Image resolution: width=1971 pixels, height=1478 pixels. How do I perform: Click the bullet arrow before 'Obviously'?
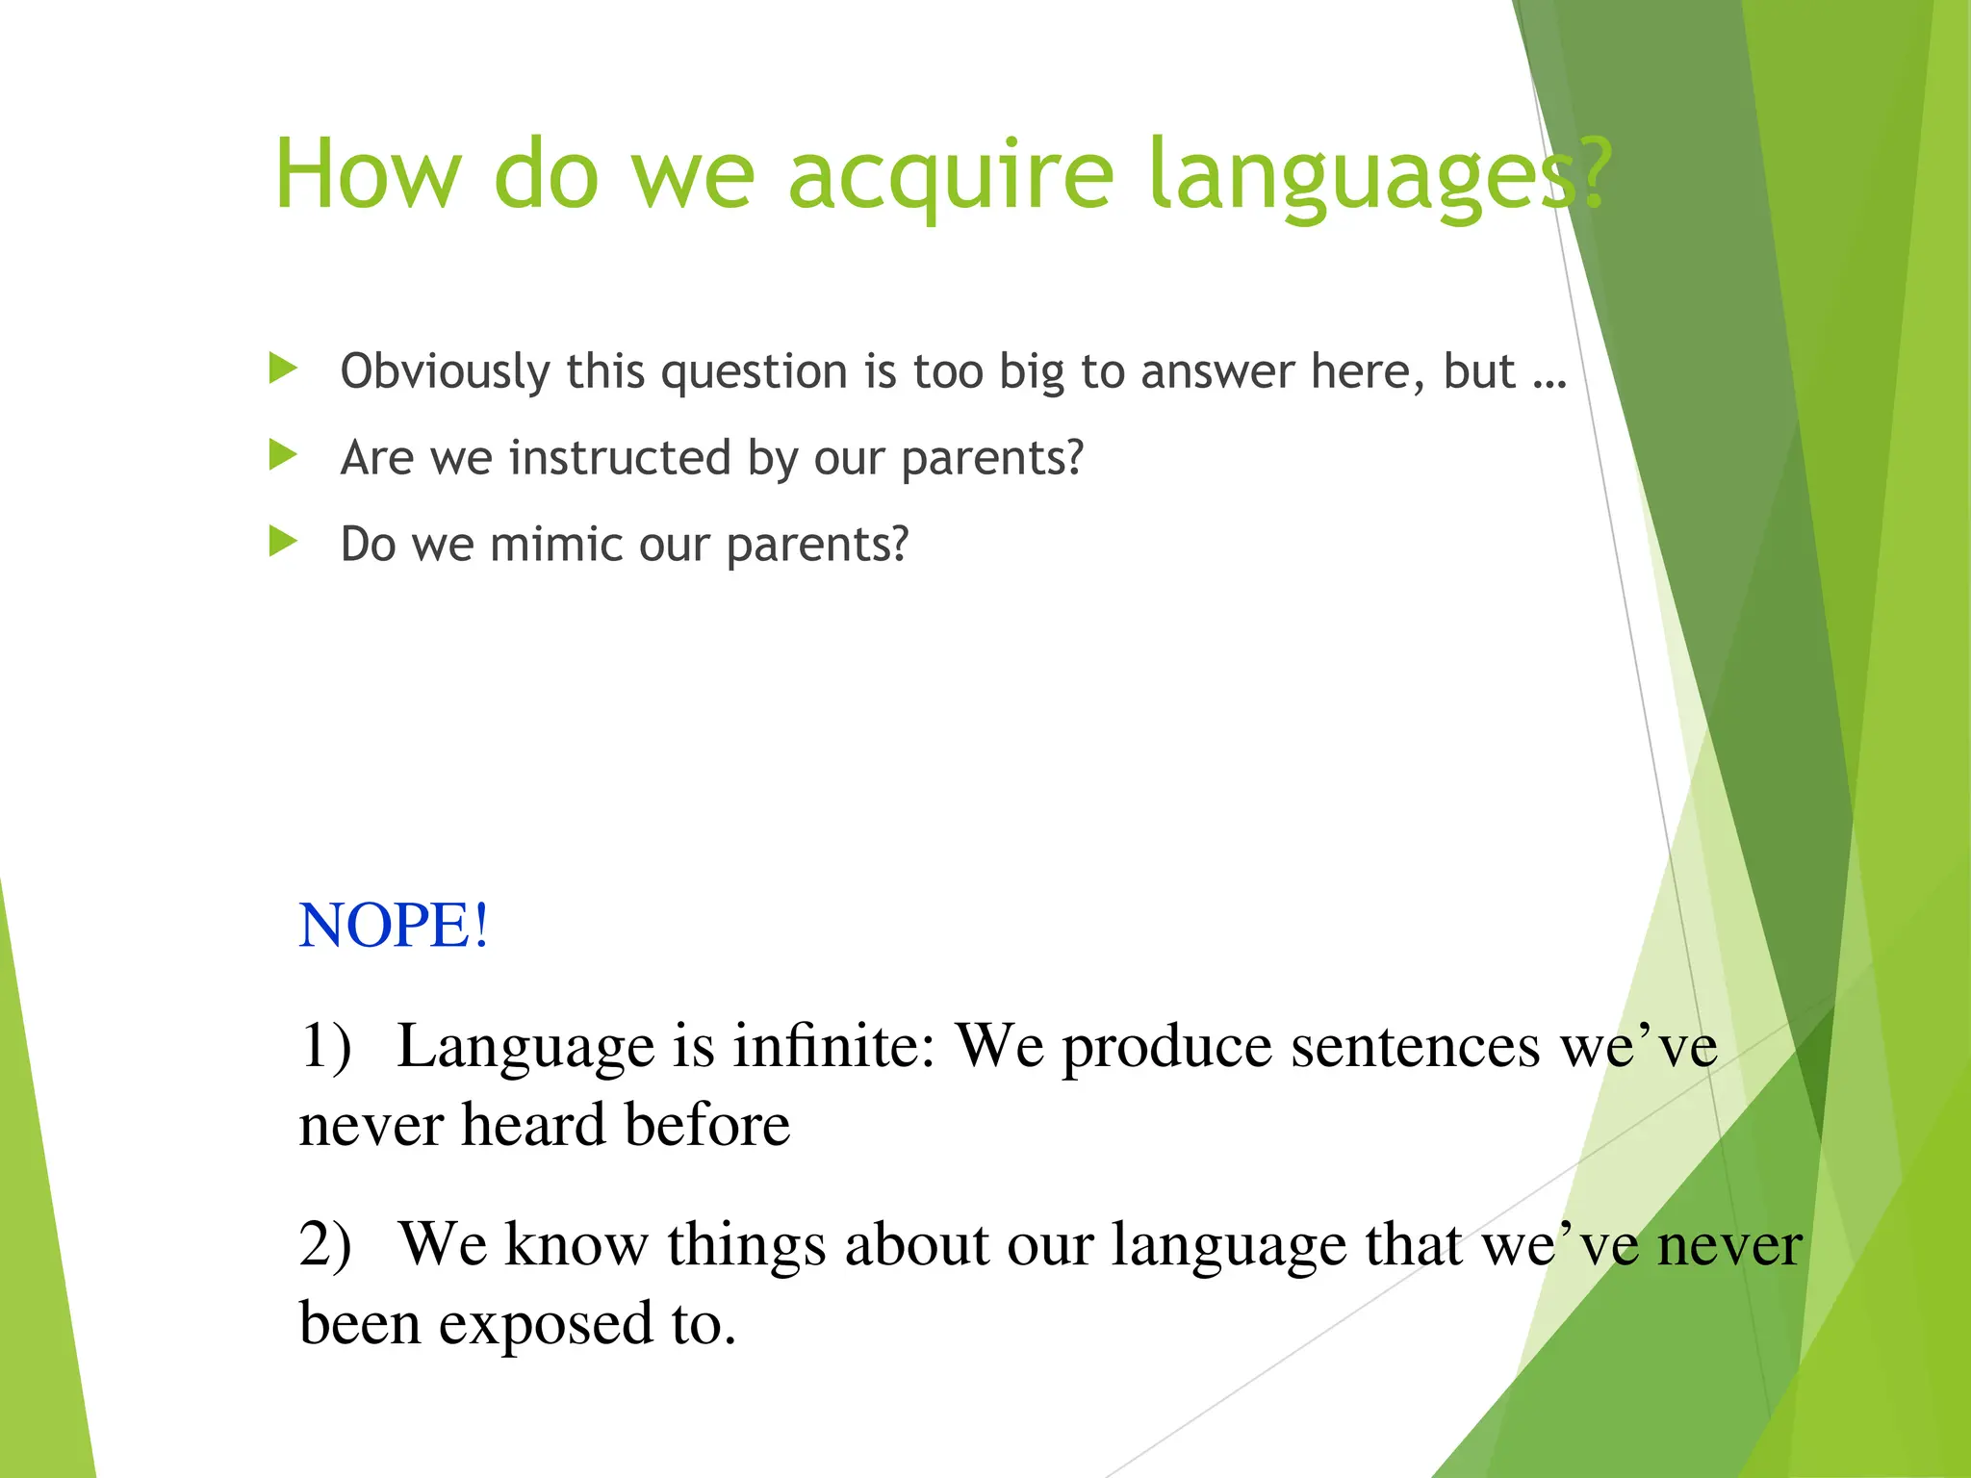pyautogui.click(x=283, y=369)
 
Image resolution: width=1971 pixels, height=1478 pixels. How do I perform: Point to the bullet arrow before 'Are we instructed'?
pyautogui.click(x=283, y=455)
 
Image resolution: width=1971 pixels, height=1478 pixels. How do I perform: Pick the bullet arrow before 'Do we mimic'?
pyautogui.click(x=283, y=542)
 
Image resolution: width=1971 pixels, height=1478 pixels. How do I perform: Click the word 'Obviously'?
pyautogui.click(x=444, y=372)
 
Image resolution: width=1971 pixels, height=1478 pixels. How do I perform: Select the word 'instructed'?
pyautogui.click(x=620, y=457)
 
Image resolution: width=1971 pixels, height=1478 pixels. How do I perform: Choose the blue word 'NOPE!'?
pyautogui.click(x=394, y=926)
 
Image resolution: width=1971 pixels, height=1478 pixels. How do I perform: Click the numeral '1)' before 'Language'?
pyautogui.click(x=325, y=1046)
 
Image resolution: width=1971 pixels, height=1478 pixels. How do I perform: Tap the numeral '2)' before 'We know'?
pyautogui.click(x=325, y=1244)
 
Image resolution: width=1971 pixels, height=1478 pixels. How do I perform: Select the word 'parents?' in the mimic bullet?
pyautogui.click(x=816, y=546)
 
